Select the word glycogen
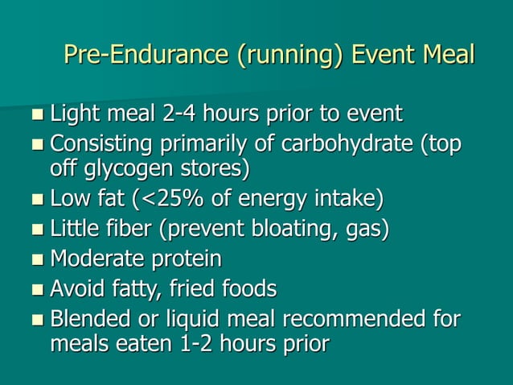(123, 169)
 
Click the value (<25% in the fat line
(187, 198)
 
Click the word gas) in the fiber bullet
(367, 230)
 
